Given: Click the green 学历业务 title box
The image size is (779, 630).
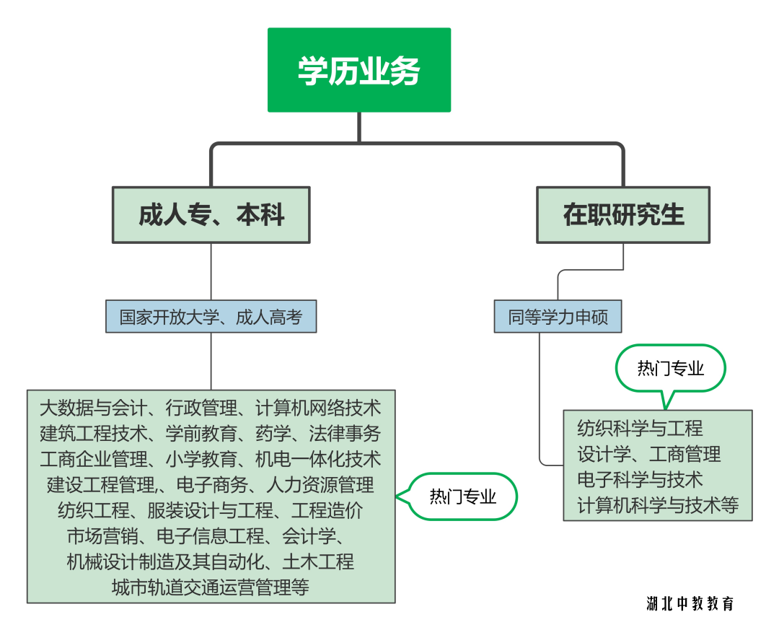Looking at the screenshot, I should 358,70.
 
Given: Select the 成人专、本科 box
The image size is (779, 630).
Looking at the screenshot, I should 211,215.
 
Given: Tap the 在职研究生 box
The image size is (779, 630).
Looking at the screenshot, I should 623,215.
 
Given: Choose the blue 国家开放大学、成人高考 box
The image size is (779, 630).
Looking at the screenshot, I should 211,317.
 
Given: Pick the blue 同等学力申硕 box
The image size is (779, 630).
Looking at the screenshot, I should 558,317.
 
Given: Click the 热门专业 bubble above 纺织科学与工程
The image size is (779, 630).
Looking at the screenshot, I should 670,369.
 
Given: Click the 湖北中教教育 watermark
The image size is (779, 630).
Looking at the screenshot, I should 690,603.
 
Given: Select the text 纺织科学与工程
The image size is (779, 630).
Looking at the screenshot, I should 639,429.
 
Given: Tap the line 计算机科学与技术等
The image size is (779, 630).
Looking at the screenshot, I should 658,505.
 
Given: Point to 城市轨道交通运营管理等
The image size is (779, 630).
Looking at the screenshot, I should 211,587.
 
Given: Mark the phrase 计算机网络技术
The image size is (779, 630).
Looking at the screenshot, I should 318,408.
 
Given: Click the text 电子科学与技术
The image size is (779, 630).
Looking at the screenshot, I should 639,479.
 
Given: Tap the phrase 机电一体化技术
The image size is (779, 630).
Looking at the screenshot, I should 318,459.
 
